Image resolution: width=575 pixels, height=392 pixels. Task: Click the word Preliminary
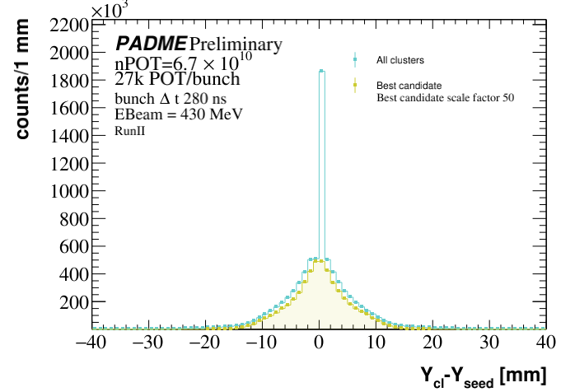tap(236, 44)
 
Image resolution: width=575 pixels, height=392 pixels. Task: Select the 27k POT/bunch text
tap(166, 80)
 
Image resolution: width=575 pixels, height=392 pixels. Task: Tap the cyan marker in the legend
tap(355, 59)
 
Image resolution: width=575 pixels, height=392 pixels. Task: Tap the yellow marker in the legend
tap(355, 85)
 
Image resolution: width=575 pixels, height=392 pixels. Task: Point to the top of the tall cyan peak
tap(321, 72)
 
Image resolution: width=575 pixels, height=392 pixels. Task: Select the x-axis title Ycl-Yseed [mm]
tap(484, 376)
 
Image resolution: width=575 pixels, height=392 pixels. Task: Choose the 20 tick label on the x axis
tap(434, 343)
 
